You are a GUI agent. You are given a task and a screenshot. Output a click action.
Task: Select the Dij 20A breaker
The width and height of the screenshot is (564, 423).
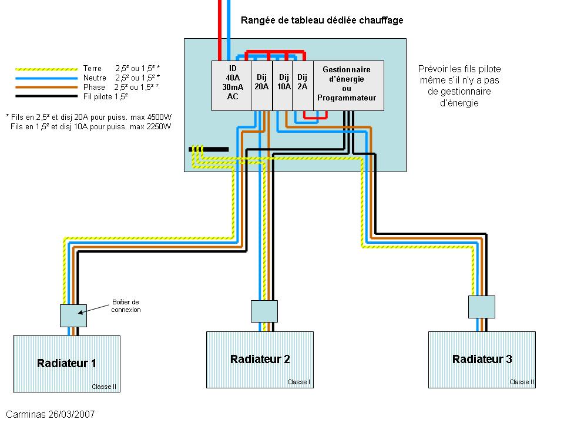(x=261, y=85)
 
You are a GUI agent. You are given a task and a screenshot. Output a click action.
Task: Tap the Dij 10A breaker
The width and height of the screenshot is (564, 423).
(x=283, y=85)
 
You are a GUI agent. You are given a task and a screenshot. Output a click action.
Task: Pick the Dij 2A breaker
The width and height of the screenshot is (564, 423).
(x=302, y=85)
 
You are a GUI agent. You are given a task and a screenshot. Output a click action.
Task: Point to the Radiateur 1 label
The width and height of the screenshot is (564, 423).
(x=66, y=363)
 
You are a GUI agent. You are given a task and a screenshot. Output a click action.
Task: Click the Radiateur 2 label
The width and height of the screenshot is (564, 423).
(x=260, y=359)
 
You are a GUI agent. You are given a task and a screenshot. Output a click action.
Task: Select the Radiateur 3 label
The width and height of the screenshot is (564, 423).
(x=482, y=359)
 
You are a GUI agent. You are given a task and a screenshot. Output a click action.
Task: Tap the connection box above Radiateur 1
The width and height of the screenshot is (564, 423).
(x=73, y=315)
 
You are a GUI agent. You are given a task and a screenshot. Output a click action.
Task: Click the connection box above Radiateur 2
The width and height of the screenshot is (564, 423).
(x=264, y=311)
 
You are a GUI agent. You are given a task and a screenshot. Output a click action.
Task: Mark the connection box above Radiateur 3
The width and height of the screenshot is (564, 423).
(x=482, y=307)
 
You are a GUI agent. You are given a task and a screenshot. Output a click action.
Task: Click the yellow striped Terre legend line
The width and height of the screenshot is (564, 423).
(x=46, y=69)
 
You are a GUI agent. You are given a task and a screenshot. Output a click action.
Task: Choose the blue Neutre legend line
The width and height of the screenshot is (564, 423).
(x=46, y=78)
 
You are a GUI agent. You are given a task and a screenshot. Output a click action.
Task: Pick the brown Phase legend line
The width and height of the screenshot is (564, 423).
(x=46, y=86)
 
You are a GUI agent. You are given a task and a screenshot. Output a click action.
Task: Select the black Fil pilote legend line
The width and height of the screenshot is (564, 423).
(x=46, y=95)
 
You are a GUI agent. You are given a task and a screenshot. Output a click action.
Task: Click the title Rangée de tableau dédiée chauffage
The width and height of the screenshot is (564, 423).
(x=322, y=21)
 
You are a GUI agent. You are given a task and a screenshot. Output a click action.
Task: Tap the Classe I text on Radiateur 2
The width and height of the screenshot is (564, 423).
(x=298, y=382)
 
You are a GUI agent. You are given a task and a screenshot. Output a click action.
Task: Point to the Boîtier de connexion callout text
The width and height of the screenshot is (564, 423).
(x=126, y=306)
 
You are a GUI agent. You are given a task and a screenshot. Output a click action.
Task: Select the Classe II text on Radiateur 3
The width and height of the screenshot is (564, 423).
(x=521, y=382)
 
